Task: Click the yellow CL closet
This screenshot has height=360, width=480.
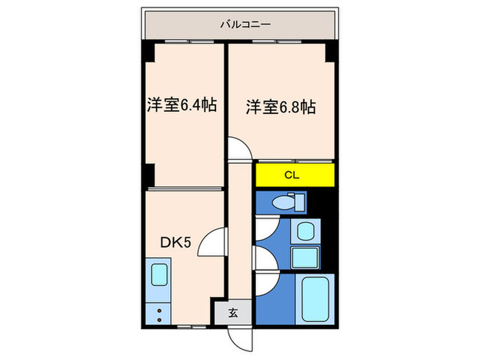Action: tap(295, 175)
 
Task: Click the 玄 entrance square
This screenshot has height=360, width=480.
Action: tap(232, 313)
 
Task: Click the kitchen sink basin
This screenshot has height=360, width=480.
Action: tap(159, 274)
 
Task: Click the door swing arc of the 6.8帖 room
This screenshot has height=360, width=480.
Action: tap(239, 149)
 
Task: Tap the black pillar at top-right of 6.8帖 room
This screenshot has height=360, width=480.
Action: tap(330, 52)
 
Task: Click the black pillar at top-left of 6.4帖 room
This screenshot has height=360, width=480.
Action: tap(148, 52)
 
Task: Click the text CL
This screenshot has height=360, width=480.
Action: tap(292, 175)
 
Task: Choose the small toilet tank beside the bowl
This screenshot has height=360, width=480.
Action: tap(299, 202)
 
